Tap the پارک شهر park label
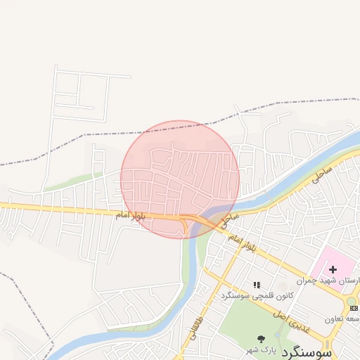[x=257, y=349]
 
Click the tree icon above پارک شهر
[x=262, y=340]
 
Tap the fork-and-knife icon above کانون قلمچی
[x=257, y=285]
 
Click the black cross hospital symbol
[x=333, y=269]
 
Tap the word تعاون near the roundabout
[x=335, y=319]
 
